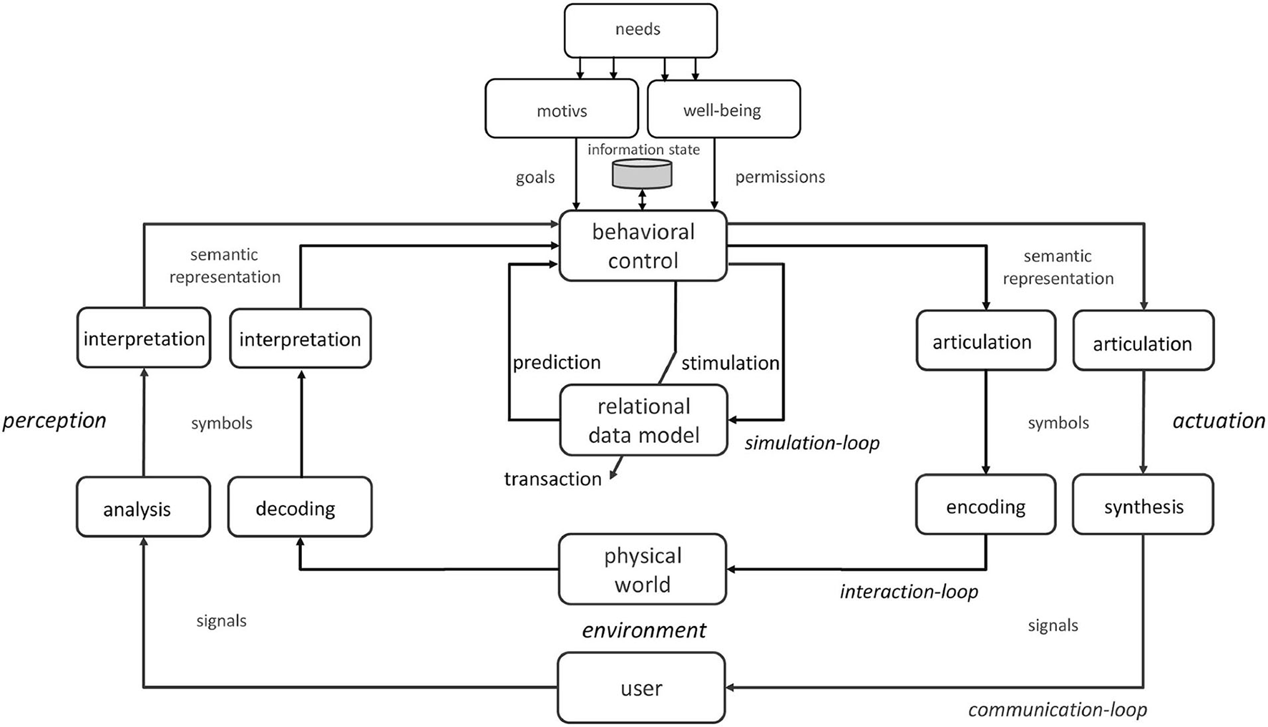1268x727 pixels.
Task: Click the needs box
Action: click(x=640, y=31)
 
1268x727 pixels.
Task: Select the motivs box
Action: click(x=562, y=109)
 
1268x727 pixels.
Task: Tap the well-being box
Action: click(x=723, y=109)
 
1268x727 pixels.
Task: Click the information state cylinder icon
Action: click(x=642, y=174)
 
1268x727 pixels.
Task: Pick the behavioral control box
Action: click(x=643, y=245)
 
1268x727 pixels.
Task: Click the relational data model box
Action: click(x=643, y=420)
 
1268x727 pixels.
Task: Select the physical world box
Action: click(x=642, y=570)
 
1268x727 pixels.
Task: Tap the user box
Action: click(x=641, y=688)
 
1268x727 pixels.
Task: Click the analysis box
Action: click(x=143, y=507)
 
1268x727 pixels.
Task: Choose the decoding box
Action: click(x=299, y=507)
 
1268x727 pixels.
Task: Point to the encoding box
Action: click(x=985, y=505)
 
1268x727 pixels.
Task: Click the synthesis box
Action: click(x=1143, y=505)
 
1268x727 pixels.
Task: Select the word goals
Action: click(x=535, y=177)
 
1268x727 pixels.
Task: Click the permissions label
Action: click(x=780, y=177)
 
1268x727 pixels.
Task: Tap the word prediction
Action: click(x=556, y=362)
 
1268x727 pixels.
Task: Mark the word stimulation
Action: click(x=730, y=363)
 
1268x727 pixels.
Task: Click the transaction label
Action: click(x=552, y=479)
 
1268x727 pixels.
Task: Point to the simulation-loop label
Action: click(x=811, y=443)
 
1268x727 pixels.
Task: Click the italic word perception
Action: click(x=54, y=420)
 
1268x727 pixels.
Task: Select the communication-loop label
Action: click(x=1057, y=709)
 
